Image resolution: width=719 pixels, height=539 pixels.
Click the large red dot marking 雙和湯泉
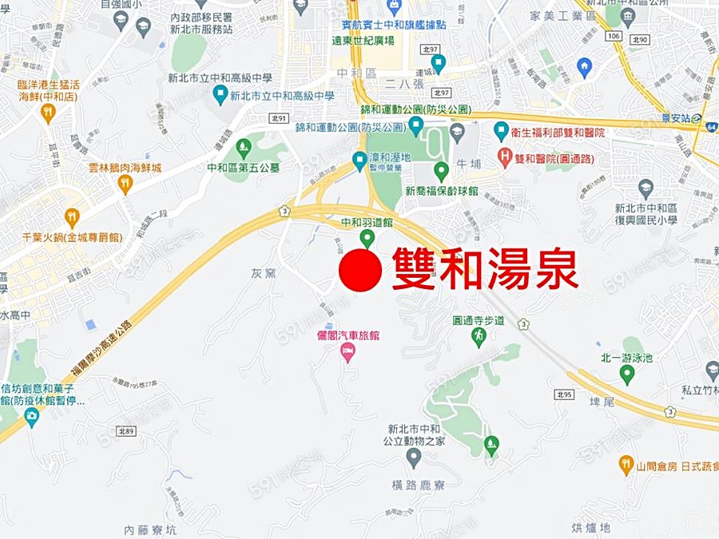tap(359, 271)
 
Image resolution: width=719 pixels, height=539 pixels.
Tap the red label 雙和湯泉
tap(484, 269)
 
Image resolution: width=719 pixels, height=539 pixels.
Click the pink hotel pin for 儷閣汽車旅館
tap(348, 352)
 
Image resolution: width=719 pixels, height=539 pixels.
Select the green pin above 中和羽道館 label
tap(367, 238)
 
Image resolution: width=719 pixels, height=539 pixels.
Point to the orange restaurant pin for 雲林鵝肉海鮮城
tap(125, 184)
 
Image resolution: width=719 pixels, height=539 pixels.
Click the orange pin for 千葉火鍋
tap(72, 217)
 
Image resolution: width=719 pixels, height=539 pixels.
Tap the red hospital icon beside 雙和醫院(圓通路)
tap(505, 157)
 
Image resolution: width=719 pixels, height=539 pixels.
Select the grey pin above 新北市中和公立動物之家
tap(413, 458)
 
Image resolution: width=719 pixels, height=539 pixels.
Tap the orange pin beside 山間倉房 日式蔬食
tap(626, 464)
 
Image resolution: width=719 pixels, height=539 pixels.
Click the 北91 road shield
tap(279, 117)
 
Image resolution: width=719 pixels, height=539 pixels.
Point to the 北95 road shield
tap(563, 394)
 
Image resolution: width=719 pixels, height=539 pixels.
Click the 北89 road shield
tap(126, 431)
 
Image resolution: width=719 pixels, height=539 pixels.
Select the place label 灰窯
tap(263, 273)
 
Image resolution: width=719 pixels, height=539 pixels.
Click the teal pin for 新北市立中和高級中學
tap(220, 96)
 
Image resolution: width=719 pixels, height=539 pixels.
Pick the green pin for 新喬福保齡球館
tap(441, 171)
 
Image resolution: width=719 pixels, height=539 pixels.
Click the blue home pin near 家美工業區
tap(584, 67)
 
